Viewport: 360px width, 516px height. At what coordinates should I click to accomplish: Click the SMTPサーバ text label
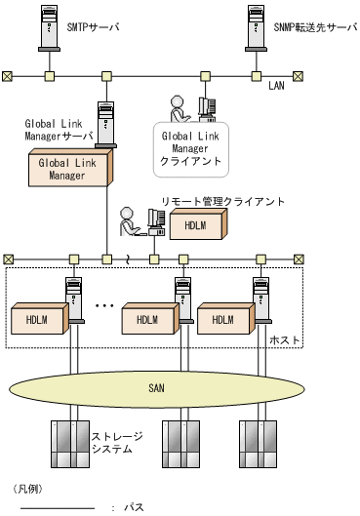93,27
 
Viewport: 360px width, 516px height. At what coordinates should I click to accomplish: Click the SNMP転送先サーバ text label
315,27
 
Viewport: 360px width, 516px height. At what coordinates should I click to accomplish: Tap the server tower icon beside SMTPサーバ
50,28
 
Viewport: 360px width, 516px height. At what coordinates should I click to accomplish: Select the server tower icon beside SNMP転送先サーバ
256,28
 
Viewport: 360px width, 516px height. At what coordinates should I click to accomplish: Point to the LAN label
276,86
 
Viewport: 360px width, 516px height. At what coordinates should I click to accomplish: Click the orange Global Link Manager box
71,168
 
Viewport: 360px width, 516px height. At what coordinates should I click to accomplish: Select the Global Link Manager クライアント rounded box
191,149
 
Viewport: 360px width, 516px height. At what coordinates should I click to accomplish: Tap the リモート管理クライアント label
222,201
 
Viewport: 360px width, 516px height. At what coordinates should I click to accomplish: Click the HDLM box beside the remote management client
198,224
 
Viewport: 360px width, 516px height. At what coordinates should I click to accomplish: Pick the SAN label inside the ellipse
156,388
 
